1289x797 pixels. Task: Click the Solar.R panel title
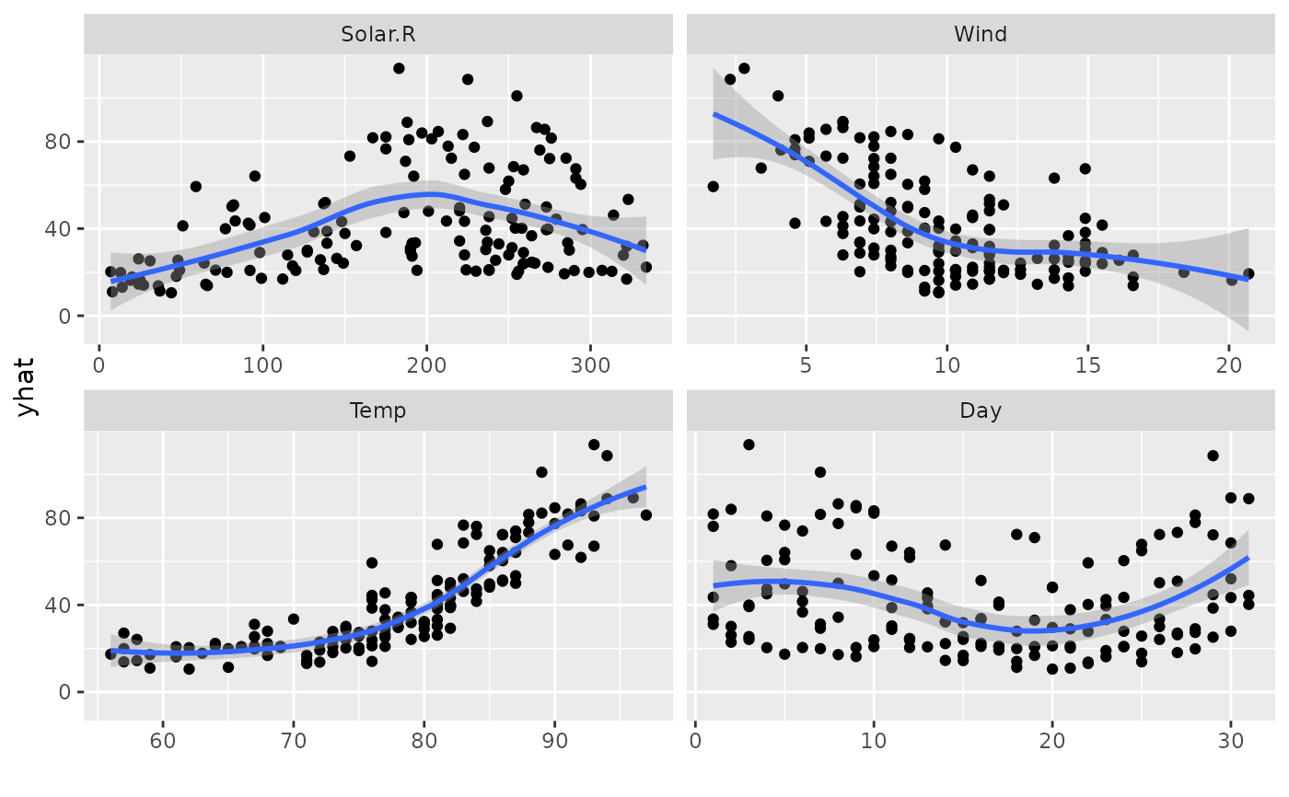378,35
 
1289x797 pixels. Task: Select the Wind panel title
981,35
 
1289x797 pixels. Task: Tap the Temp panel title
378,410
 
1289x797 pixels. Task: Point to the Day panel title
981,410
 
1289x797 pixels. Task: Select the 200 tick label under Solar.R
427,364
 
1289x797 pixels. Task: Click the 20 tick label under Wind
1228,364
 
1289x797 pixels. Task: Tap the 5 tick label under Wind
806,364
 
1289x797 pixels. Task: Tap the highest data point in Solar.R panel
399,68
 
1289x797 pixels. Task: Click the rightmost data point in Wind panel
1248,273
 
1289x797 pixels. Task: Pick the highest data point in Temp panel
594,445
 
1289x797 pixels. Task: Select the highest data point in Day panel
749,445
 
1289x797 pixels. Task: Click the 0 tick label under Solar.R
99,364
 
